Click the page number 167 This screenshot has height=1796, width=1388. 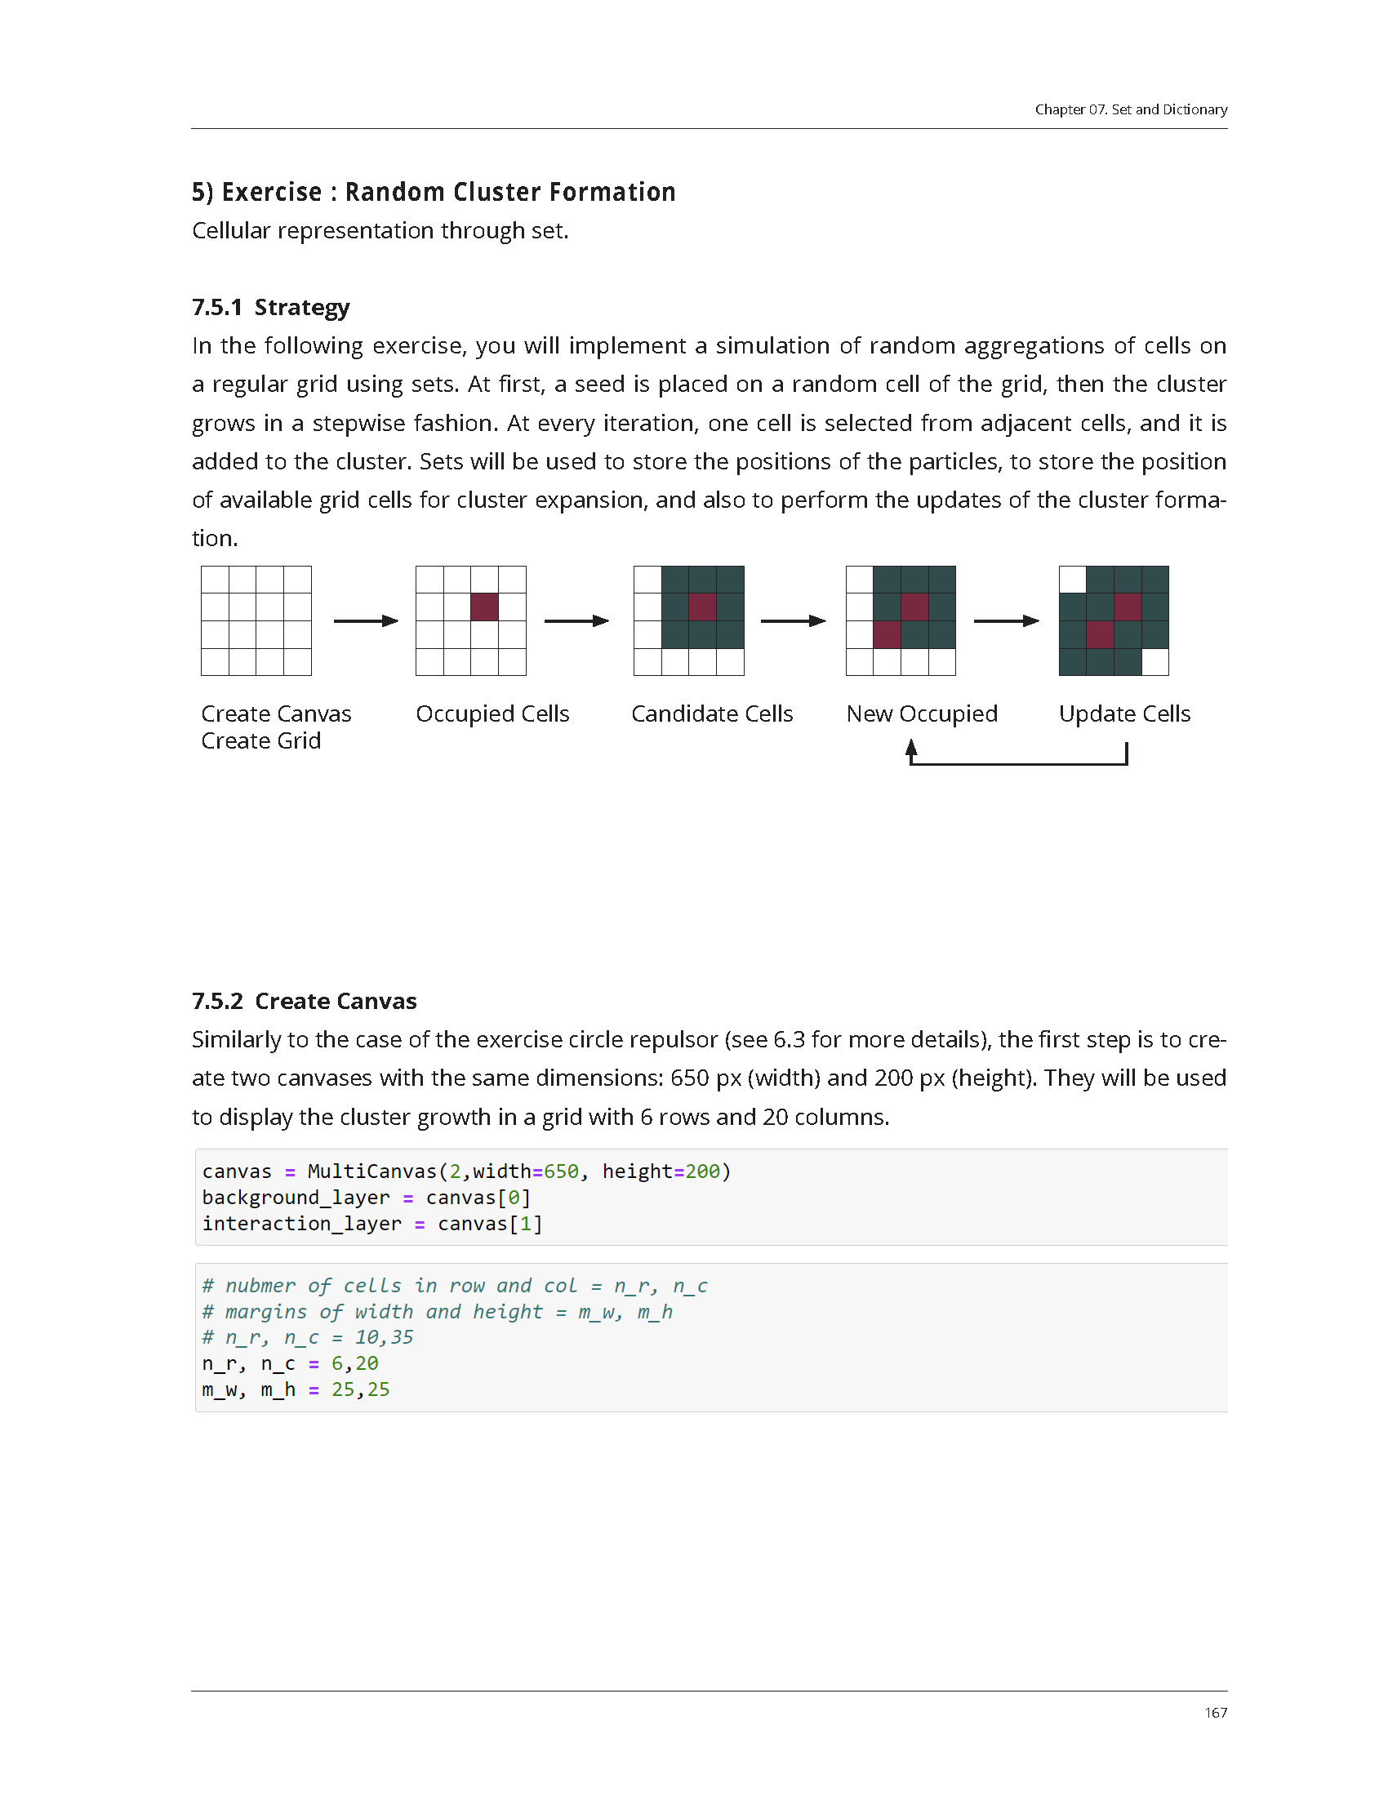coord(1215,1712)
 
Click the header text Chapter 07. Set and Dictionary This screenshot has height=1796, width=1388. coord(1130,109)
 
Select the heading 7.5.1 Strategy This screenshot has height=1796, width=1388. coord(270,307)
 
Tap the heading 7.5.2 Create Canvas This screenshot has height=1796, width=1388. coord(305,1001)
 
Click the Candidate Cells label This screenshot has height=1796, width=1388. coord(711,714)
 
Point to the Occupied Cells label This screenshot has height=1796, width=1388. coord(492,714)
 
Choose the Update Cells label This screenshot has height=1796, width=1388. coord(1124,714)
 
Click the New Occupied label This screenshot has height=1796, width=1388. coord(921,714)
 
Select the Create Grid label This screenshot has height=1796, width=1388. coord(260,741)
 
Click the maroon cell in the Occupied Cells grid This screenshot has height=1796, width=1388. coord(484,607)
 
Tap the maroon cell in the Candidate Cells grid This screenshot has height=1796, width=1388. coord(702,607)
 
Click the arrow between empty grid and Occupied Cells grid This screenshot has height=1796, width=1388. coord(365,621)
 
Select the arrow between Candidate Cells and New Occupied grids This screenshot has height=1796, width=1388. coord(793,621)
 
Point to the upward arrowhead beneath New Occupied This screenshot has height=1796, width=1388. coord(911,748)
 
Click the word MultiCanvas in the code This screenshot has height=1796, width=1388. coord(371,1171)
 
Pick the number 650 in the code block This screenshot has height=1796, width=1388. coord(561,1171)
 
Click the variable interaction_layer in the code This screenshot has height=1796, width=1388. coord(302,1224)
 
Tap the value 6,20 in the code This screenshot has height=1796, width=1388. coord(354,1363)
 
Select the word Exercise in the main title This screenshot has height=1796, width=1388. coord(271,192)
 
